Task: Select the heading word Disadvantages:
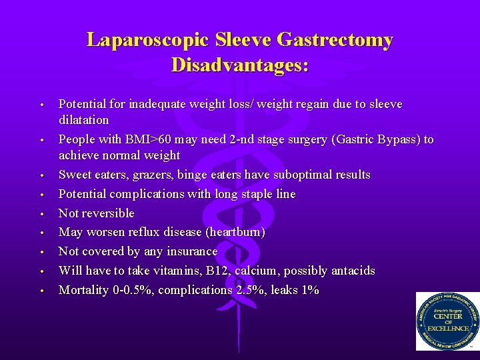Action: click(239, 65)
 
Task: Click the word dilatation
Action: click(83, 120)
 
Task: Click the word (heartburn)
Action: click(235, 232)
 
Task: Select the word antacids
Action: click(349, 271)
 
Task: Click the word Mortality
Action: click(83, 290)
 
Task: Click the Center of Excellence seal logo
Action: click(447, 321)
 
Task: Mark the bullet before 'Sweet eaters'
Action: click(41, 176)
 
